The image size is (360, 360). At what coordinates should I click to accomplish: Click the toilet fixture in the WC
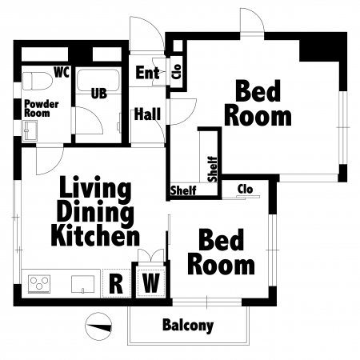(37, 81)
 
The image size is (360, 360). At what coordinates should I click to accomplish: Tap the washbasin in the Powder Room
(30, 130)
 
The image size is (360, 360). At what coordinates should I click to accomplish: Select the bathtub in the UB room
(98, 81)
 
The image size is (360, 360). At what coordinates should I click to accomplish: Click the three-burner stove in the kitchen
(39, 284)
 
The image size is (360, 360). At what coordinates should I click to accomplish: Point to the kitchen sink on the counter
(82, 284)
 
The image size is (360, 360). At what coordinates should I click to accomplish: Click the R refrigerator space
(116, 283)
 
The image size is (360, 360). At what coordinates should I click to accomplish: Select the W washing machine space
(150, 283)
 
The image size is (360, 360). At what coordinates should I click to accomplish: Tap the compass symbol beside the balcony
(98, 326)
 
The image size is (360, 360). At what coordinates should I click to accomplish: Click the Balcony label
(188, 326)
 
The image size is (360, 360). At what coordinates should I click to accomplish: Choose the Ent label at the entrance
(147, 73)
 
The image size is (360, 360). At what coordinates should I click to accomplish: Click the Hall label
(147, 114)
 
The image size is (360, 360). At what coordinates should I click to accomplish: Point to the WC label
(62, 72)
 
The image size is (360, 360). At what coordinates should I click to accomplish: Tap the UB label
(99, 94)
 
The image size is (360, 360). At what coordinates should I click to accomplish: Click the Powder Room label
(42, 108)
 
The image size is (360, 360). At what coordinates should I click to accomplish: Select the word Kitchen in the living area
(95, 235)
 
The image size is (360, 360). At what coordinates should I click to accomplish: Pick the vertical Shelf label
(212, 169)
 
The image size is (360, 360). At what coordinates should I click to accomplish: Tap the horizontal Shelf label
(183, 190)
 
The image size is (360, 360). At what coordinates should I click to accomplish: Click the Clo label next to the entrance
(177, 71)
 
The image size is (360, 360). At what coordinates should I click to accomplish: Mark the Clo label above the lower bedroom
(245, 190)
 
